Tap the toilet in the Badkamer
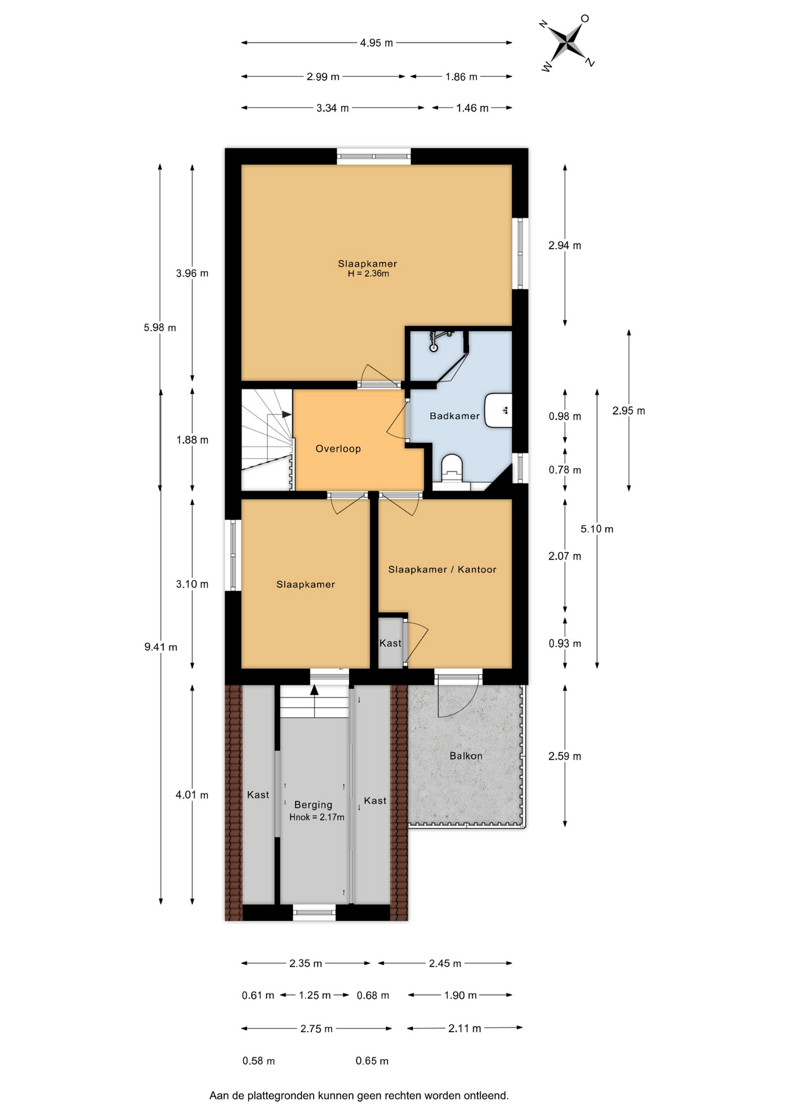pyautogui.click(x=451, y=468)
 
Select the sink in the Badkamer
pyautogui.click(x=498, y=410)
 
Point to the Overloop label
pyautogui.click(x=338, y=449)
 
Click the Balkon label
pyautogui.click(x=466, y=756)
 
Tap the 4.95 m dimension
pyautogui.click(x=376, y=42)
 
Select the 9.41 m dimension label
pyautogui.click(x=161, y=647)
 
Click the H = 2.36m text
pyautogui.click(x=368, y=273)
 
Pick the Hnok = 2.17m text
pyautogui.click(x=317, y=817)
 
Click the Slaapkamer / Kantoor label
pyautogui.click(x=442, y=570)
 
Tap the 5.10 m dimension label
pyautogui.click(x=597, y=529)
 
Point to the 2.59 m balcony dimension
pyautogui.click(x=565, y=756)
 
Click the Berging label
pyautogui.click(x=313, y=804)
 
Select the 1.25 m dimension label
pyautogui.click(x=315, y=995)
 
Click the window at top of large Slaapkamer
pyautogui.click(x=374, y=156)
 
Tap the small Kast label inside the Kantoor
pyautogui.click(x=390, y=643)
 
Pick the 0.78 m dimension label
pyautogui.click(x=565, y=470)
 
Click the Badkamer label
pyautogui.click(x=454, y=416)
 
